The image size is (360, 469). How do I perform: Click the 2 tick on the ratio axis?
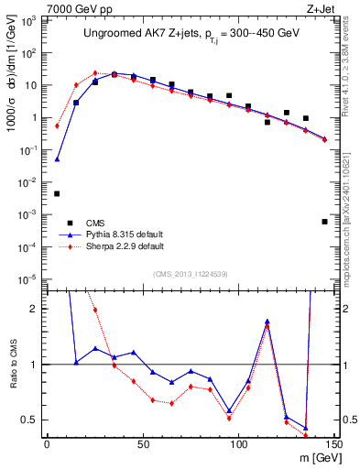(x=36, y=309)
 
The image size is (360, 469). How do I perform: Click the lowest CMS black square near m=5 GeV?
(x=57, y=193)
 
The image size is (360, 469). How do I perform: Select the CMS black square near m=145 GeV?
(x=324, y=221)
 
